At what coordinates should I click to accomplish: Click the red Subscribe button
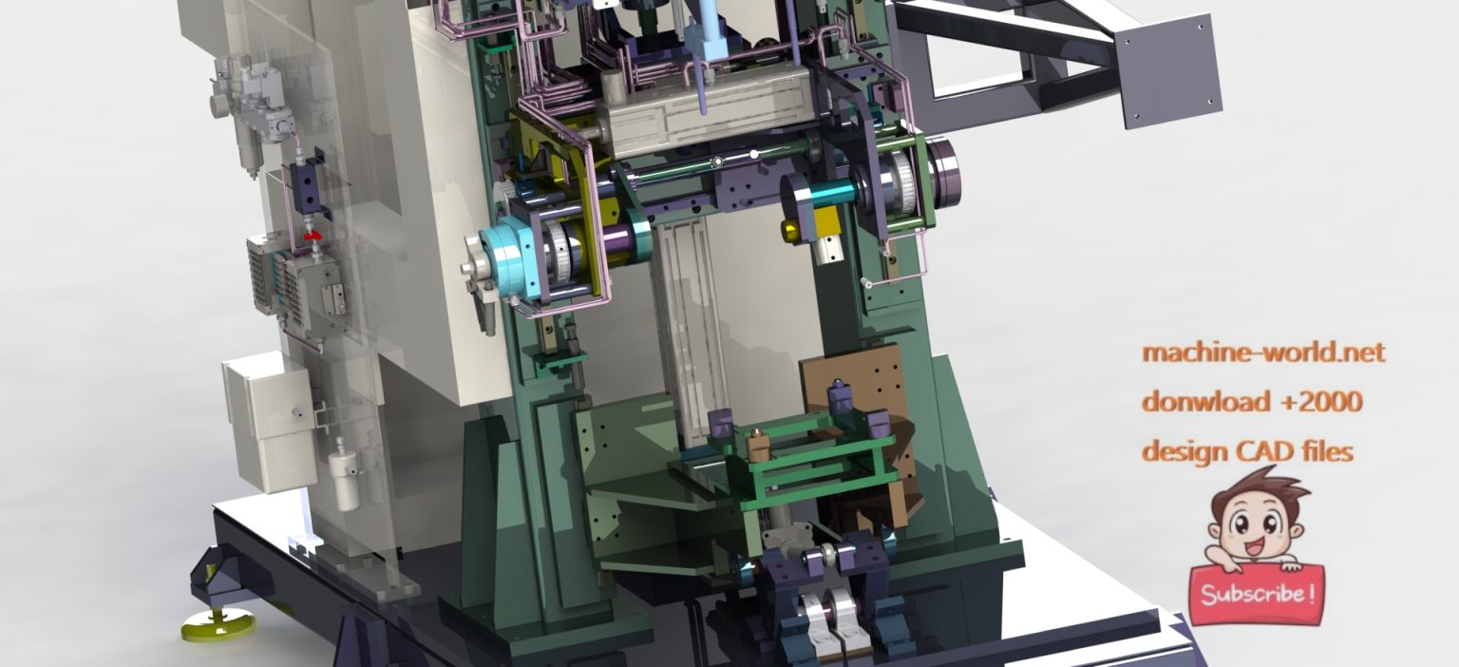(x=1257, y=594)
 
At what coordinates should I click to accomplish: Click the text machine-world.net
(x=1263, y=353)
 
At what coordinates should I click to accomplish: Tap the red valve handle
(x=313, y=235)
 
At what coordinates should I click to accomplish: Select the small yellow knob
(x=789, y=229)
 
